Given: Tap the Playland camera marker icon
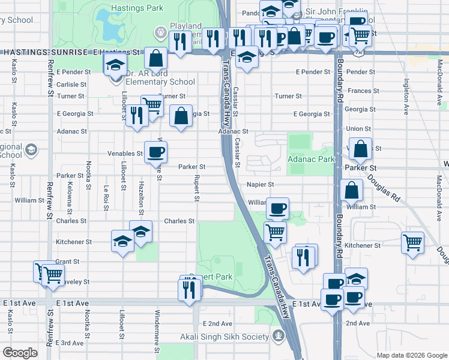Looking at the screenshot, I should point(160,31).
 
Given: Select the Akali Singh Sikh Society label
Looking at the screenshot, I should point(227,337).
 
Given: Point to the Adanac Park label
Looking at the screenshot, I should point(310,160).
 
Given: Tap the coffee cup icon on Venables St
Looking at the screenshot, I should point(155,152).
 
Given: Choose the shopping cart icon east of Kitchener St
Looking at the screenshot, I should point(412,242).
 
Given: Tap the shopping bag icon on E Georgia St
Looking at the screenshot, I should point(181,116).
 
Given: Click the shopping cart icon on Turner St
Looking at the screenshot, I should point(152,106).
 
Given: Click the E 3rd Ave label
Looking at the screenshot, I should point(69,343).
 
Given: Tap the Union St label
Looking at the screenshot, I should point(358,128).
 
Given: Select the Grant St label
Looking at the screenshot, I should point(67,262).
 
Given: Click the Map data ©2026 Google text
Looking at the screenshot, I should point(411,355).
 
